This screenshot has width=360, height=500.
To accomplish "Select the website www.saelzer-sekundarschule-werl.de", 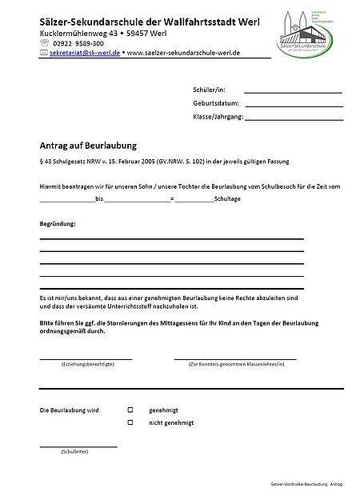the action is click(x=182, y=55).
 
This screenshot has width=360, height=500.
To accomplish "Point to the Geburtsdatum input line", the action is click(x=294, y=105).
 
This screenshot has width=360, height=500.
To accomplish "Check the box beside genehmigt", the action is click(x=130, y=410).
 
